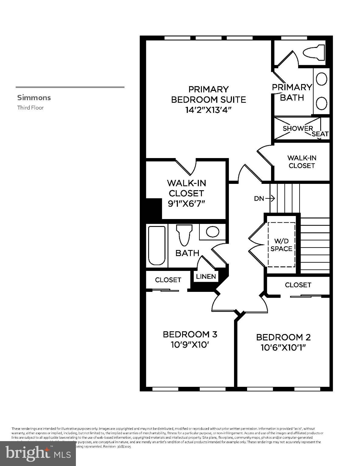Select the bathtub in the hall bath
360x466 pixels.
tap(157, 245)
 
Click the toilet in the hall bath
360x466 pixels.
tap(185, 234)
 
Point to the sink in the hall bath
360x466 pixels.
tap(212, 232)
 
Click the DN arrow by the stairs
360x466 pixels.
tap(264, 199)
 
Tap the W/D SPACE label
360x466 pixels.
tap(281, 245)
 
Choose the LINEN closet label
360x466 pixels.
tap(206, 276)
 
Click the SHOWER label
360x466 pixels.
tap(297, 128)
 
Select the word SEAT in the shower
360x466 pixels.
tap(320, 134)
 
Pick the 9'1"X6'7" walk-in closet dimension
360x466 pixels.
tap(186, 203)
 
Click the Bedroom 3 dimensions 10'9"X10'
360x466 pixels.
tap(190, 345)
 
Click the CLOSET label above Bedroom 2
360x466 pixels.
tap(298, 285)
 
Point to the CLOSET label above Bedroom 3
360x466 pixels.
tap(168, 280)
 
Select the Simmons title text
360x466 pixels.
tap(34, 98)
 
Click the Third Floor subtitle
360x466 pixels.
tap(30, 108)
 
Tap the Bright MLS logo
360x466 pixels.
tap(38, 454)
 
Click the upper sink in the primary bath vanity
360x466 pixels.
tap(321, 79)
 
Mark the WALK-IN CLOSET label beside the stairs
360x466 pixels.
tap(302, 162)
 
